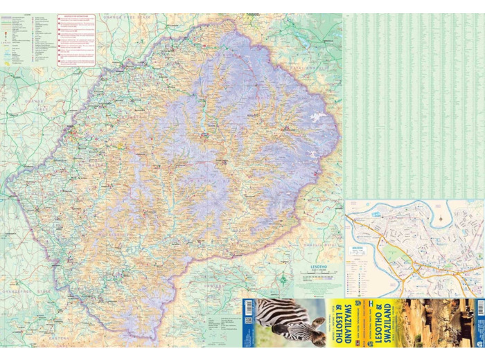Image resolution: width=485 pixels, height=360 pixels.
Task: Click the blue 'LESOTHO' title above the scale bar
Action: coord(315,266)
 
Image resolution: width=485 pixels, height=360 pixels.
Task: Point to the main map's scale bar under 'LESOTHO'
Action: coord(315,276)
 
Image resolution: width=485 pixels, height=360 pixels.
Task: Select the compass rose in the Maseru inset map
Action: coord(442,219)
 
